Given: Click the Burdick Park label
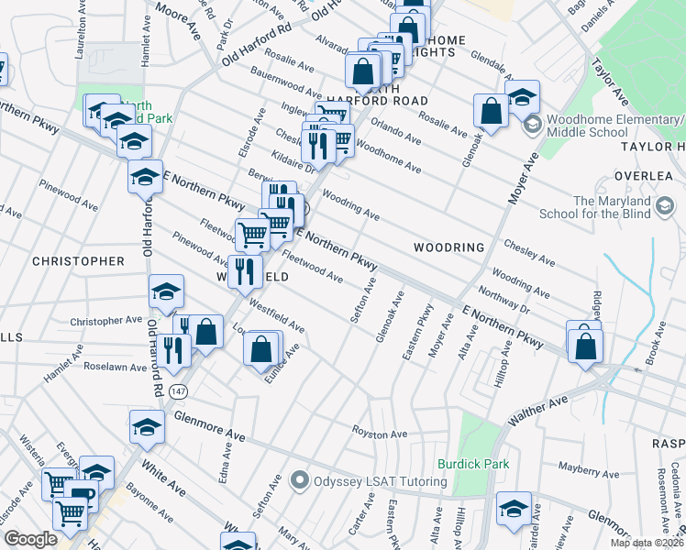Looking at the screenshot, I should [x=472, y=464].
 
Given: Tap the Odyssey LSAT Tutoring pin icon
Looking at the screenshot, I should [x=299, y=479].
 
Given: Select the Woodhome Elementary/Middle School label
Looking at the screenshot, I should [x=614, y=126].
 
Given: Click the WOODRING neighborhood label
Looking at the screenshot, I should [x=448, y=247].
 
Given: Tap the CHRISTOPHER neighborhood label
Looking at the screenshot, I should [x=78, y=261].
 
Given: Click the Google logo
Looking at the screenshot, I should [x=30, y=539].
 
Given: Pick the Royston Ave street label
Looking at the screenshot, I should [x=380, y=433].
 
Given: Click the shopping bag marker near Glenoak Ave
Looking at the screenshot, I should [x=492, y=111].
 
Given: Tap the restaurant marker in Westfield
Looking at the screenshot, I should [x=244, y=270].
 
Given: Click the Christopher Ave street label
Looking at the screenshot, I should [x=107, y=322].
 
